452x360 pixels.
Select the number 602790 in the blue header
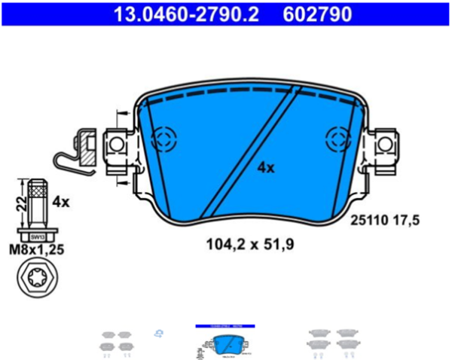(x=316, y=14)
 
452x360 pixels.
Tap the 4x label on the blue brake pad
(x=265, y=168)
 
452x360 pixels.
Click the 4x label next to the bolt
(x=60, y=202)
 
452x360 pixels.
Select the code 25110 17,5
(x=385, y=220)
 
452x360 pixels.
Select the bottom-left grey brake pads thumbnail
(x=116, y=340)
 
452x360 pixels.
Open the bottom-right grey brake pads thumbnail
(x=331, y=340)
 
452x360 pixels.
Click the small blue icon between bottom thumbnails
(x=159, y=332)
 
